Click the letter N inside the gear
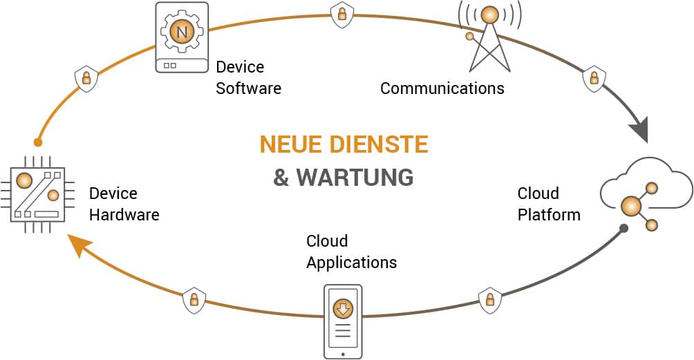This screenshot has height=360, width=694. [182, 32]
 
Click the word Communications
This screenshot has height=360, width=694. [442, 88]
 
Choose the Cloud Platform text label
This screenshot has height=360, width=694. [549, 204]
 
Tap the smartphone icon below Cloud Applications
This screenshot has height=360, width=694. [342, 321]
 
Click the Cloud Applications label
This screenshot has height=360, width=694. [351, 252]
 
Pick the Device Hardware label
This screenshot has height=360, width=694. [124, 205]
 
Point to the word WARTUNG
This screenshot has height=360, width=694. [355, 178]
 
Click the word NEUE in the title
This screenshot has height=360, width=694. [290, 144]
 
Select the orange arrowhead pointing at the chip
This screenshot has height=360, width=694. [78, 245]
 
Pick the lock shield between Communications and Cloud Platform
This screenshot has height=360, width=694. [593, 78]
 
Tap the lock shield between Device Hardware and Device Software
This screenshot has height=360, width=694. [86, 77]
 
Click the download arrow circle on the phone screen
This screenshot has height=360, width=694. [342, 308]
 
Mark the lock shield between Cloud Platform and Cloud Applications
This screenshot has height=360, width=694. [489, 299]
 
